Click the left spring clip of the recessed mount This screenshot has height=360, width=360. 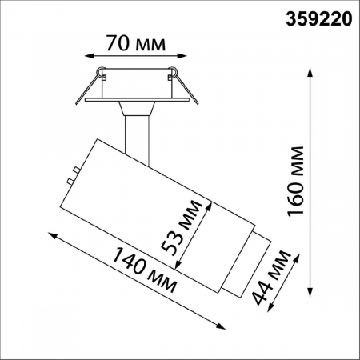point(100,77)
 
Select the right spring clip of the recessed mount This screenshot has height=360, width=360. point(171,77)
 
